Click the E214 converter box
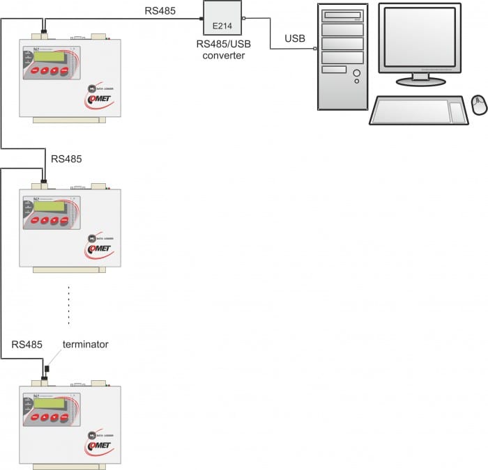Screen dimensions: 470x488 [x=222, y=19]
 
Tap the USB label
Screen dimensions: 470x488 [x=295, y=38]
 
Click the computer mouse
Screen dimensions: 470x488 [x=478, y=104]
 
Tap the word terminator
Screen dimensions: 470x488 [x=86, y=345]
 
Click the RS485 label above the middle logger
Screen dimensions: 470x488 [x=66, y=159]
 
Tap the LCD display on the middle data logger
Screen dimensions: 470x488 [x=47, y=205]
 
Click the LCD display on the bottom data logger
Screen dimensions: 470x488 [x=47, y=402]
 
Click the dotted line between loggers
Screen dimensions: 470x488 [x=68, y=304]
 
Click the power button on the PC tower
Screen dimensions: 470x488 [x=357, y=72]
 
